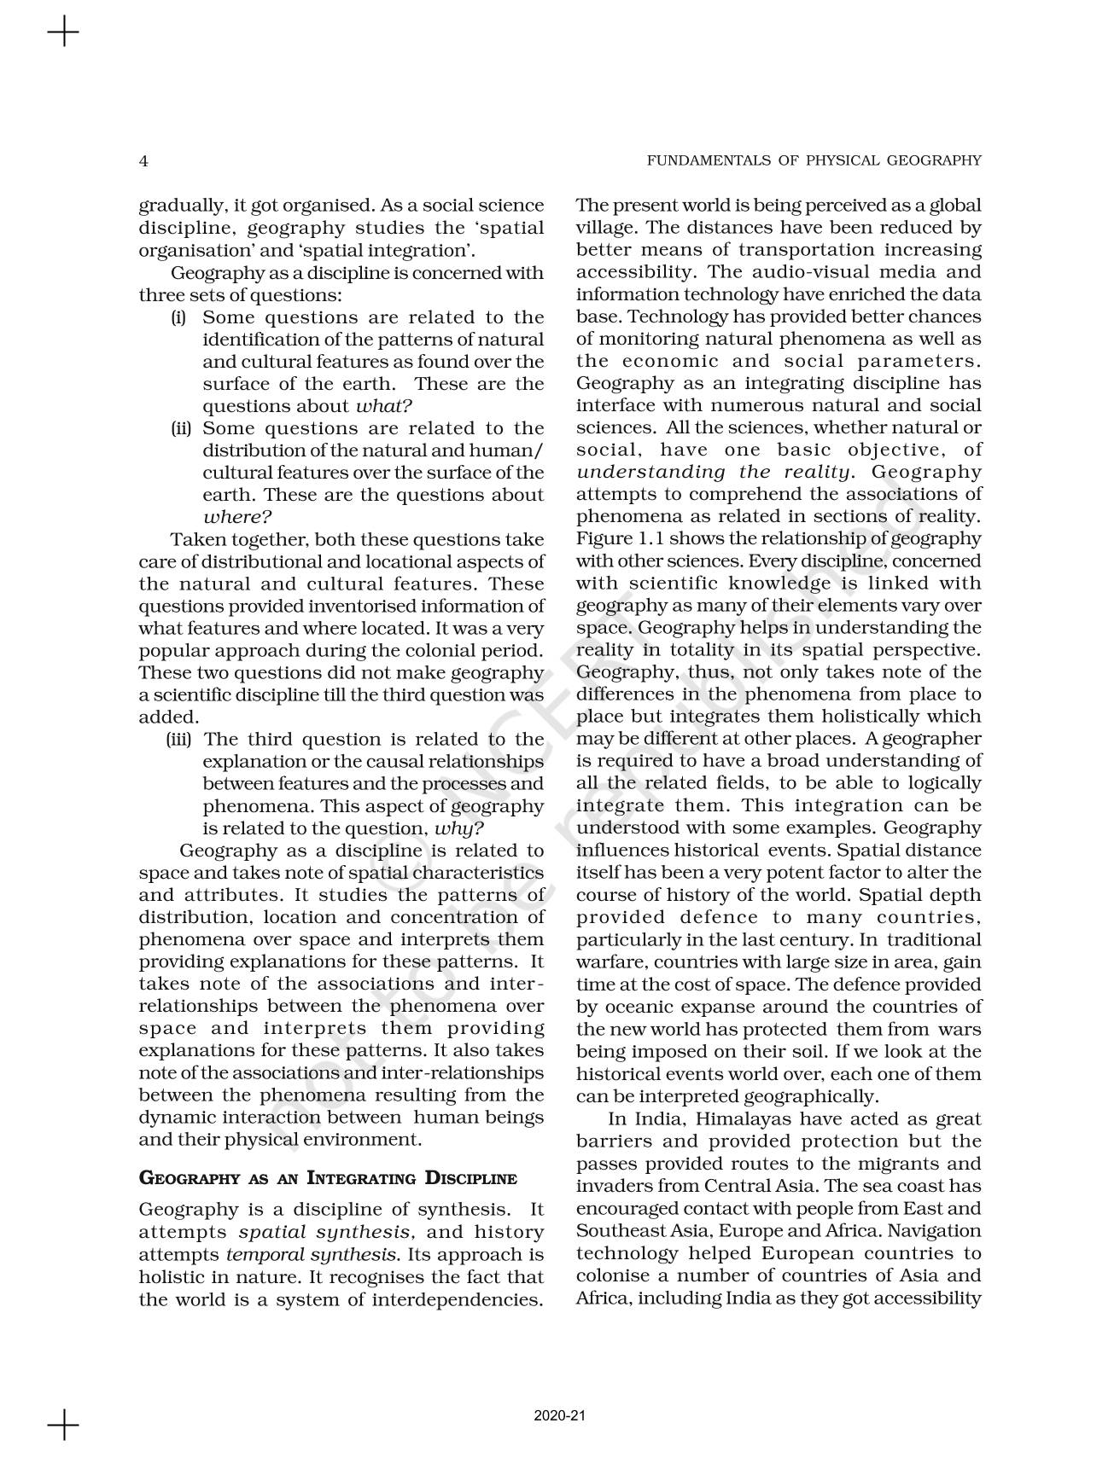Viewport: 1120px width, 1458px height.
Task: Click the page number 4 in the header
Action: click(x=143, y=161)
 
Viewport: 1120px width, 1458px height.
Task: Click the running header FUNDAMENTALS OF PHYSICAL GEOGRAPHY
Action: click(x=814, y=160)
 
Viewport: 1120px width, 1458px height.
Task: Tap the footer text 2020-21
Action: click(x=560, y=1416)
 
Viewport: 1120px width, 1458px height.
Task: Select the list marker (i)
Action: click(x=178, y=317)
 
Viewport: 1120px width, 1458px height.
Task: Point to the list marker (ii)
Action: click(x=180, y=428)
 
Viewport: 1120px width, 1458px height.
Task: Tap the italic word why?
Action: click(x=459, y=828)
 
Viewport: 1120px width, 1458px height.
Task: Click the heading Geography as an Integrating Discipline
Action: click(x=328, y=1179)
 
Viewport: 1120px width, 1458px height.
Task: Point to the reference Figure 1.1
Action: click(x=616, y=539)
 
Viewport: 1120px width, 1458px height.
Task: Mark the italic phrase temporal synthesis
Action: click(x=312, y=1255)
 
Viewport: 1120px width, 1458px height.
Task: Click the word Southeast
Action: click(x=615, y=1231)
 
